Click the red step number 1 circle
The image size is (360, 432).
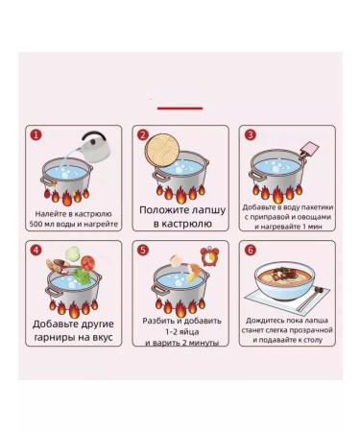(x=36, y=134)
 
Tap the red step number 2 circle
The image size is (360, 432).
(x=143, y=134)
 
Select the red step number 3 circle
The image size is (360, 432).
(x=251, y=134)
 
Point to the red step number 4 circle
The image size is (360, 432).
(x=36, y=250)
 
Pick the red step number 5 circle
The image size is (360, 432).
(x=143, y=250)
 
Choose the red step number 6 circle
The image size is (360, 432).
(x=251, y=250)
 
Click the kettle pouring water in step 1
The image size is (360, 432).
(x=94, y=147)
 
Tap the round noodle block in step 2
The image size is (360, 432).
(x=161, y=150)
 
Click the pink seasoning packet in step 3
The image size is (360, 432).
(x=309, y=149)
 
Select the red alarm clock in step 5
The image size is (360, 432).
(x=209, y=256)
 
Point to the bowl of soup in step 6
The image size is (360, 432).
(x=285, y=280)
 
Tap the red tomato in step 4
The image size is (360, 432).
(x=87, y=263)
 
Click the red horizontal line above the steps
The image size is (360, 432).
(x=180, y=108)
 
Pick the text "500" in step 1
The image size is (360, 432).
(x=36, y=224)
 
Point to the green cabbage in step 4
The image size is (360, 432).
(x=73, y=253)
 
